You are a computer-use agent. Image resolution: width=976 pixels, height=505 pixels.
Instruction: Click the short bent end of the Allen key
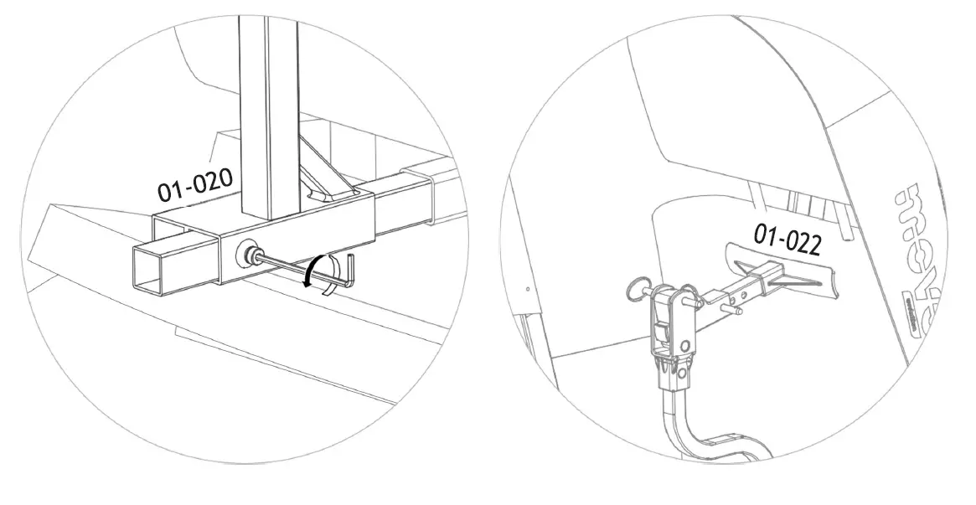click(353, 270)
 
